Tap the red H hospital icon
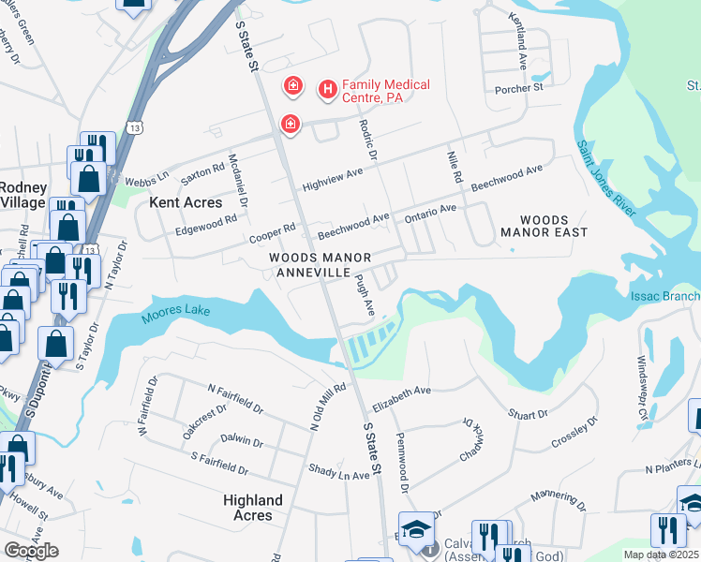[x=327, y=89]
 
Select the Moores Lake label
[x=176, y=314]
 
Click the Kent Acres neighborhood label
[x=186, y=202]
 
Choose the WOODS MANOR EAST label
[x=544, y=225]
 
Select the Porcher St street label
[x=519, y=88]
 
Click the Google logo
[x=31, y=551]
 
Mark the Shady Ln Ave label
[x=339, y=473]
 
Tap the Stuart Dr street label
[x=529, y=414]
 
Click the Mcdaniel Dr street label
[x=238, y=180]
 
